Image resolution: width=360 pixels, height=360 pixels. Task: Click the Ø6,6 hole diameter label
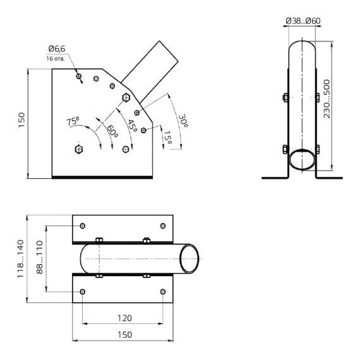pos(56,49)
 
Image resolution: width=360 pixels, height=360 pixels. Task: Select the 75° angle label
pos(73,120)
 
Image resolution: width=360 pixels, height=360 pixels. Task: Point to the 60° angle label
pos(112,131)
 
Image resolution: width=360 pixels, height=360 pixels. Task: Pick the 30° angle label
pos(183,120)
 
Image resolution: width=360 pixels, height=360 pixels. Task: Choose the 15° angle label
pos(167,138)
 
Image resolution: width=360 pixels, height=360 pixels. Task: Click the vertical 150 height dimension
pos(21,119)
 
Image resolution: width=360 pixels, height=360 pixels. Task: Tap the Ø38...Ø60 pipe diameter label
pos(303,21)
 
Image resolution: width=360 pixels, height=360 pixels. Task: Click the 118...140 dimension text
pos(20,259)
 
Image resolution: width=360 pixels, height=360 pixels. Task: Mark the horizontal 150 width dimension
pos(123,335)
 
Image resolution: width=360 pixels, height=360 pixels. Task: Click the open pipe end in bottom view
pos(189,259)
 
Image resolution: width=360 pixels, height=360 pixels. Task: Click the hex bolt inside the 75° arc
pos(78,149)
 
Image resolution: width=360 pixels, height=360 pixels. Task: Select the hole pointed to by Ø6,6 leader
pos(79,77)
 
